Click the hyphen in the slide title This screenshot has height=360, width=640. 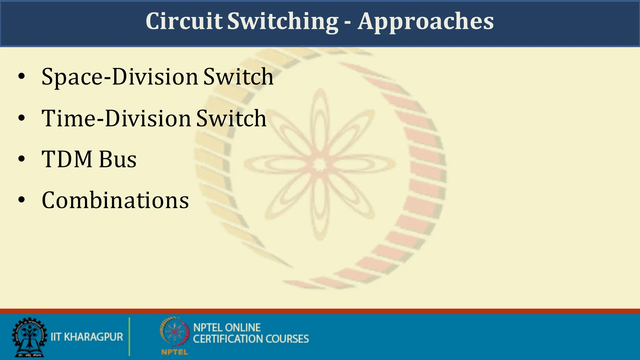(x=348, y=22)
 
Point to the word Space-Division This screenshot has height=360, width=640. (x=120, y=77)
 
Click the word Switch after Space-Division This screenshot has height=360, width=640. (x=238, y=77)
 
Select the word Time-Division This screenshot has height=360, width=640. (x=116, y=119)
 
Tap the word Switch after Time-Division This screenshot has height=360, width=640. (x=231, y=119)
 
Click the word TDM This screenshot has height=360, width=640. (x=67, y=159)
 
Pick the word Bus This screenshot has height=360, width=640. (x=118, y=159)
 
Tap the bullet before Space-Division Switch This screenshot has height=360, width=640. (x=21, y=77)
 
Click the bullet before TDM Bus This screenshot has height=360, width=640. (x=21, y=159)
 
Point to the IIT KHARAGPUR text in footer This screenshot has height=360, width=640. (x=87, y=337)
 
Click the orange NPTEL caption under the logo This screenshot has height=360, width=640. (x=174, y=352)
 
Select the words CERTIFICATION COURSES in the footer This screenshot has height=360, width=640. (x=251, y=339)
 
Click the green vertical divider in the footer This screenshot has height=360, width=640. (x=129, y=337)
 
